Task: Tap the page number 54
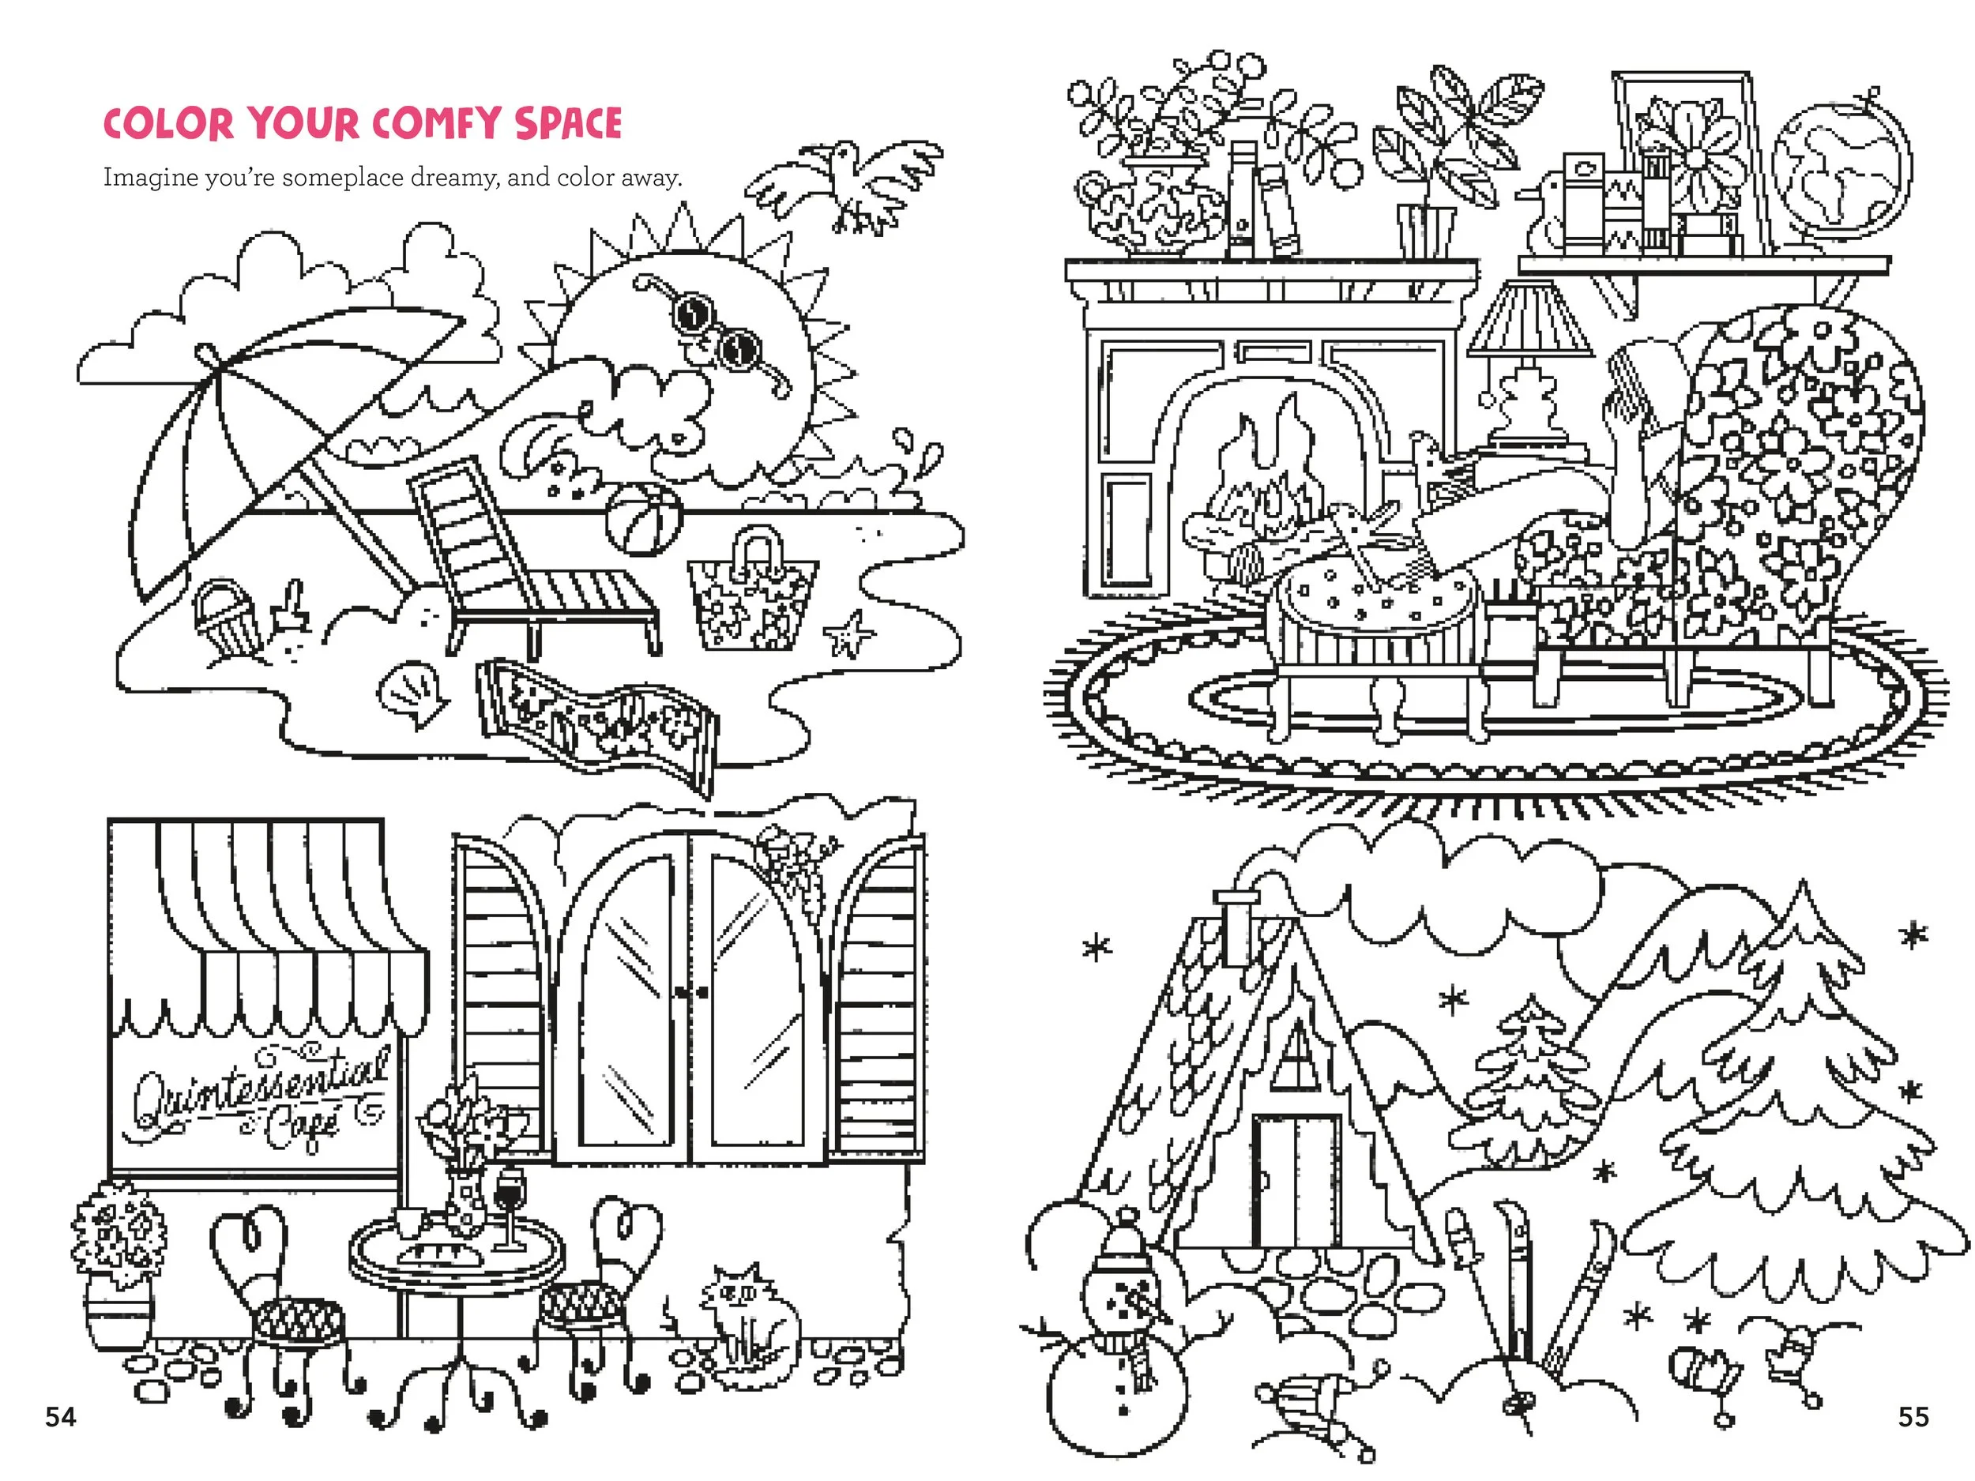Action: [x=61, y=1417]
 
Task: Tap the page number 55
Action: [x=1913, y=1417]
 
